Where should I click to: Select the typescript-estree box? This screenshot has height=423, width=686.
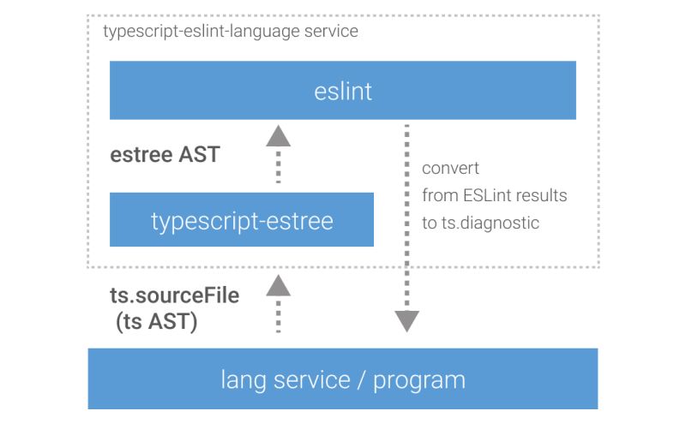[242, 221]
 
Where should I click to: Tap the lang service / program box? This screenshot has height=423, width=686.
[343, 378]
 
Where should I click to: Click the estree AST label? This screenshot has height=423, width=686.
[165, 155]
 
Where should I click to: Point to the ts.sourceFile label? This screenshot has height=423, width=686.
[175, 295]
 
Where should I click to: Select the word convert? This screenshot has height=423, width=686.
[450, 169]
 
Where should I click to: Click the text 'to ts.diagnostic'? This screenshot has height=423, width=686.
[480, 222]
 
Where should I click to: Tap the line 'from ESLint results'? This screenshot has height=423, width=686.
[494, 195]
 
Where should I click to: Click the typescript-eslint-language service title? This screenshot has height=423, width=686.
[230, 32]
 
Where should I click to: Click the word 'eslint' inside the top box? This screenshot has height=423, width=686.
[343, 91]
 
